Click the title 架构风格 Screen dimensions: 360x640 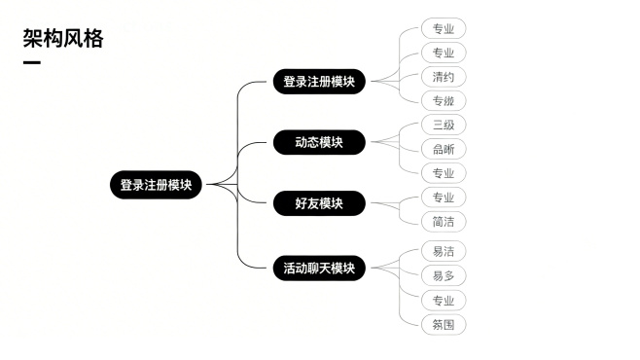(x=62, y=39)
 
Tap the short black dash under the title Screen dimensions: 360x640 (x=31, y=64)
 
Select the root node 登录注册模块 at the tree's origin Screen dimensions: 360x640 (x=156, y=185)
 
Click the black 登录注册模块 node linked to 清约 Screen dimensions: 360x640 (x=318, y=82)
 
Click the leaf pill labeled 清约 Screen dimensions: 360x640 (x=444, y=77)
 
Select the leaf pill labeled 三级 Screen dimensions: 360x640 (x=444, y=125)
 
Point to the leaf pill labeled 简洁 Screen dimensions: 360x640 (x=444, y=221)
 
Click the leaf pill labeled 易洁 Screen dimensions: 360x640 (x=444, y=251)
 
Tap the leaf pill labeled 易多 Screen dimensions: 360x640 (x=444, y=276)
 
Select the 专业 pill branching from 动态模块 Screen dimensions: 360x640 (x=444, y=173)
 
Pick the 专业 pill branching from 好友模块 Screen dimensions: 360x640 (x=444, y=198)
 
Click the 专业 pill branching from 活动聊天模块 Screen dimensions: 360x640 (x=444, y=301)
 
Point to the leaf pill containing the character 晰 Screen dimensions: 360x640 (x=444, y=149)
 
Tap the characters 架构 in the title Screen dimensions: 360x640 (x=42, y=39)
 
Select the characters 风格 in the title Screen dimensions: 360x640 (x=83, y=39)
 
